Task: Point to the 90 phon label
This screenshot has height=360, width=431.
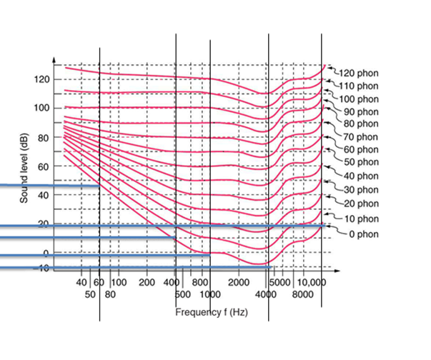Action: pyautogui.click(x=358, y=111)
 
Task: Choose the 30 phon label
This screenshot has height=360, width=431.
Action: pyautogui.click(x=358, y=190)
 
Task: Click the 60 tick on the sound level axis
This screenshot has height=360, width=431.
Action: pyautogui.click(x=43, y=166)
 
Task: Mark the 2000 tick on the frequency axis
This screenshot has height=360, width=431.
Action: pyautogui.click(x=237, y=283)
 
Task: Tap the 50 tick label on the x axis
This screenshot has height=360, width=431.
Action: pyautogui.click(x=90, y=294)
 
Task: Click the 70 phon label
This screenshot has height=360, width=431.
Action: pyautogui.click(x=358, y=136)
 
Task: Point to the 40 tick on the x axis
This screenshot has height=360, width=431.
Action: pyautogui.click(x=81, y=283)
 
